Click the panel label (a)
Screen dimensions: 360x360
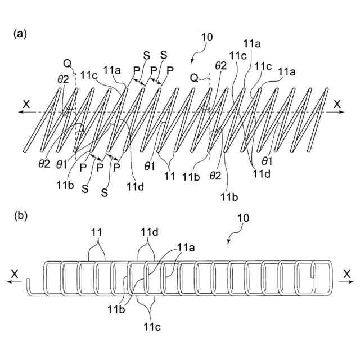(20, 34)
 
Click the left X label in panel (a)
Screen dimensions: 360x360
(26, 103)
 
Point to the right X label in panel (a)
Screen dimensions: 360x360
(336, 103)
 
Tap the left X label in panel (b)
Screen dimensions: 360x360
(13, 273)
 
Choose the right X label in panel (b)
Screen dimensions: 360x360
(347, 273)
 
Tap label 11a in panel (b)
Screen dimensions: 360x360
(185, 246)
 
